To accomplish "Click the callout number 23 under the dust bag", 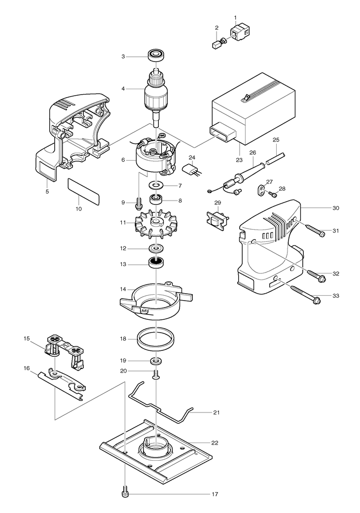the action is pos(239,160).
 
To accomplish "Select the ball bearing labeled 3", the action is pos(156,55).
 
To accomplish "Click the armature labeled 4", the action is pos(156,98).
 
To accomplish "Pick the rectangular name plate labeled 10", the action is pos(83,191).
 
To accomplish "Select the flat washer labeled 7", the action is pos(155,186).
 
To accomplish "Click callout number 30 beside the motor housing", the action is pos(336,208).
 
